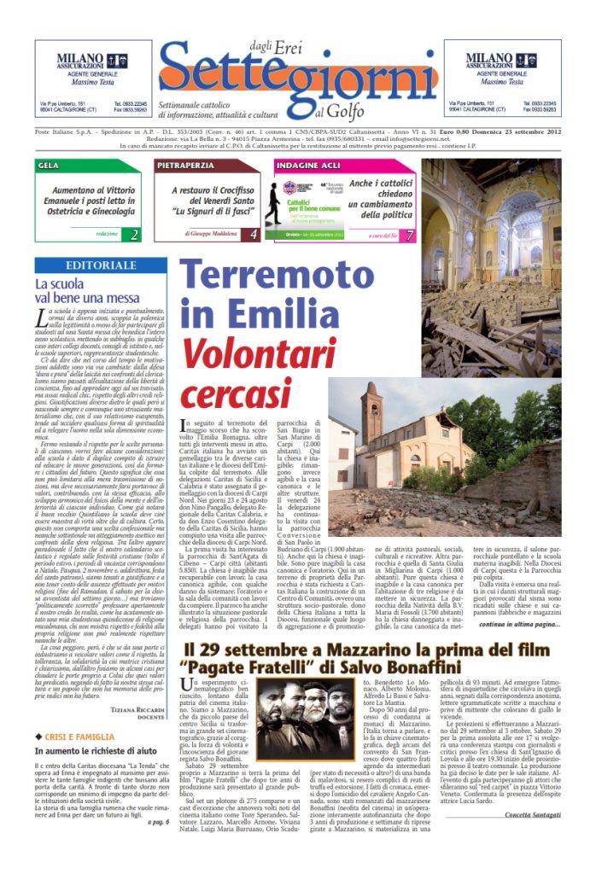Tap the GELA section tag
click(50, 165)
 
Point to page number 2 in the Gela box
click(135, 234)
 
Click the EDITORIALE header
click(101, 266)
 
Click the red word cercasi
click(237, 397)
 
